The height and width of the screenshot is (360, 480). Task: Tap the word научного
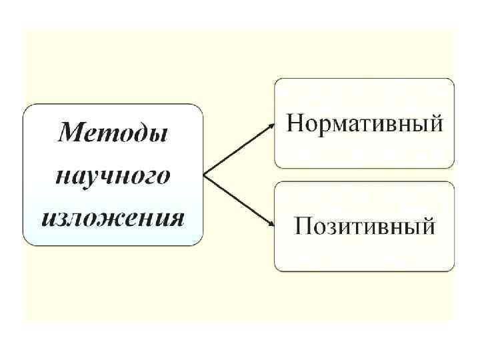[112, 177]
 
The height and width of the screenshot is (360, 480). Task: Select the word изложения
[112, 217]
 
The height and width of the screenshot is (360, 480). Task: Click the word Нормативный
[365, 124]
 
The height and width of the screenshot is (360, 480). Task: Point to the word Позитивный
[365, 227]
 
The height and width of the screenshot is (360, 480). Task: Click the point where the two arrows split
[204, 175]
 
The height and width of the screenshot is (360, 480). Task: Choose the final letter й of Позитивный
[427, 226]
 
